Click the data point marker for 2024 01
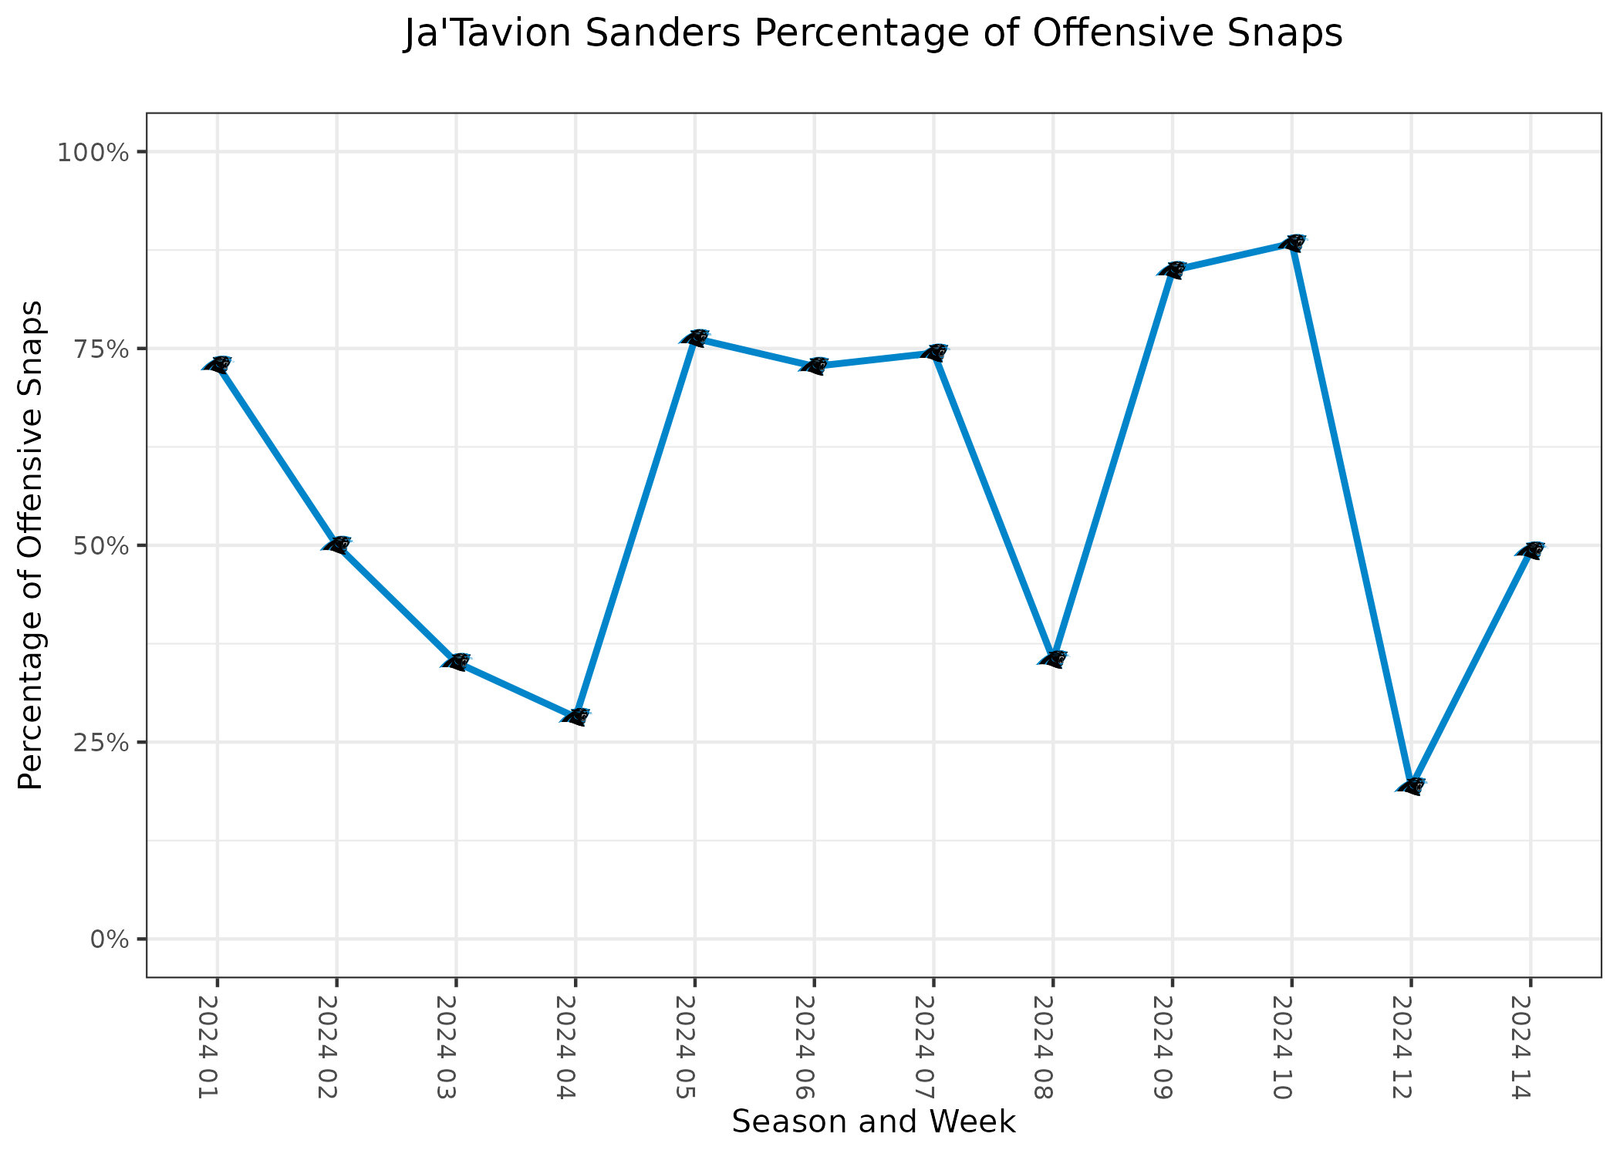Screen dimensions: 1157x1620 [x=218, y=365]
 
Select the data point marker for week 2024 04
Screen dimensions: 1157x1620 [x=575, y=717]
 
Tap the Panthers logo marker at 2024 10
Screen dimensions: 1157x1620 [x=1292, y=243]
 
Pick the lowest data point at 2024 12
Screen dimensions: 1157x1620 [x=1411, y=786]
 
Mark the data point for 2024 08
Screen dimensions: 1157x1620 [x=1053, y=659]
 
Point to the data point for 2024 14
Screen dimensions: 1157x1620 [x=1531, y=550]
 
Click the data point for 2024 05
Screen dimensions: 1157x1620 [x=694, y=338]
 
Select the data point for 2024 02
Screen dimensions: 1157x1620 [x=337, y=545]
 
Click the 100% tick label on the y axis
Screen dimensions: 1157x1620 [x=92, y=153]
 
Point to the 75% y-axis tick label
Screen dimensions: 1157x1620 [x=99, y=349]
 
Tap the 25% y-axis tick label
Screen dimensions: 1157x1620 [x=99, y=743]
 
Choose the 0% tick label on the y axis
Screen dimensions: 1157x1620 [x=108, y=939]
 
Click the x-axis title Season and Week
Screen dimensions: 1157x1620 [x=873, y=1122]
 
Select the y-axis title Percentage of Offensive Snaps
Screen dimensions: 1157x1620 [x=31, y=545]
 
